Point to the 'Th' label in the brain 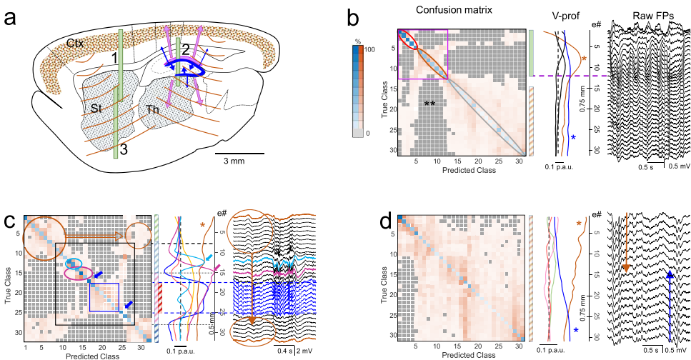pyautogui.click(x=153, y=110)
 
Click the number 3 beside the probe pyautogui.click(x=125, y=149)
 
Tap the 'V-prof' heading pyautogui.click(x=553, y=15)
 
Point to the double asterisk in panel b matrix pyautogui.click(x=429, y=104)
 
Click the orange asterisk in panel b pyautogui.click(x=584, y=60)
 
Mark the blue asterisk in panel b pyautogui.click(x=572, y=138)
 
